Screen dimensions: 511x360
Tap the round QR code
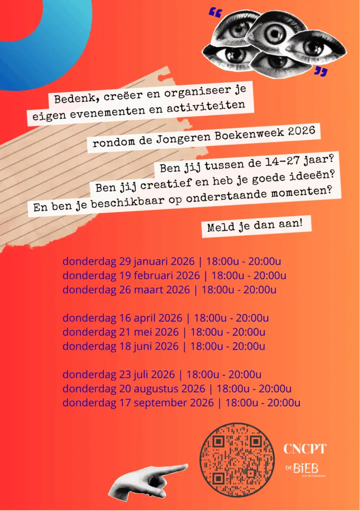point(237,461)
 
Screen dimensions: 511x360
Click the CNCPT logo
point(305,449)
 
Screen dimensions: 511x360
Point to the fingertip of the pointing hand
point(186,467)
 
